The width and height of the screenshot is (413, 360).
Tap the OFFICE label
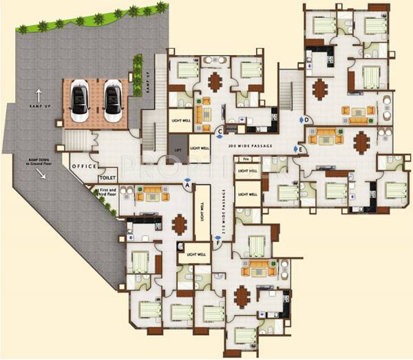point(83,167)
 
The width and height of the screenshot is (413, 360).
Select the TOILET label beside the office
point(108,177)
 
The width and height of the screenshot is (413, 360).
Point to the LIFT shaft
point(177,148)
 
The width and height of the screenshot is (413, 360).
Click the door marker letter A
point(187,183)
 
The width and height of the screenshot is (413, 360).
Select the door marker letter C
point(220,131)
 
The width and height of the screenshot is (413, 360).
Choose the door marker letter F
point(218,242)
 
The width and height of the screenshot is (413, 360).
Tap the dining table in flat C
point(215,81)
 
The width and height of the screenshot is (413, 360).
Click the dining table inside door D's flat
point(319,88)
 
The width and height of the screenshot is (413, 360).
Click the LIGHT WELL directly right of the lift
point(199,149)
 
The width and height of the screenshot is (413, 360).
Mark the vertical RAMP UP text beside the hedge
point(147,83)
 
